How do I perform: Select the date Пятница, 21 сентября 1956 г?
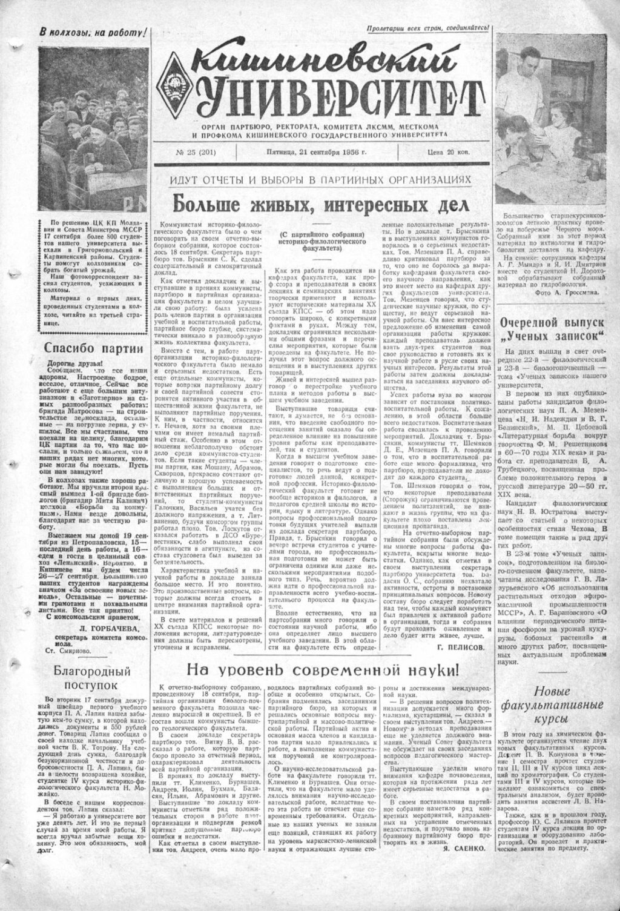[x=317, y=152]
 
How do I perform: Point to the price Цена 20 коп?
[x=448, y=152]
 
